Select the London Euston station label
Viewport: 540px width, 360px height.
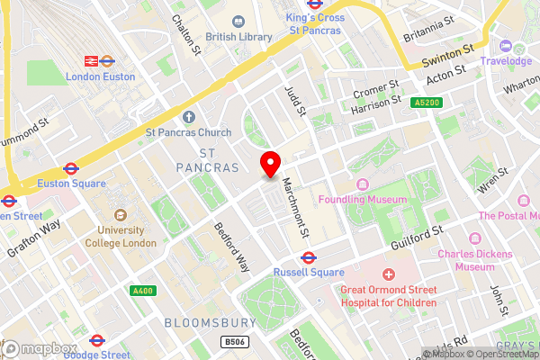click(x=100, y=76)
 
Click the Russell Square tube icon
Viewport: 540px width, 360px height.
click(x=306, y=256)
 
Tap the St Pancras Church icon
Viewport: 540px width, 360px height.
click(x=189, y=117)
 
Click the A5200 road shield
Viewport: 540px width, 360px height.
click(x=427, y=103)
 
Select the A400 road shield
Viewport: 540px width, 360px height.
click(x=142, y=291)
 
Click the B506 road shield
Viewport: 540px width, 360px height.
click(x=234, y=342)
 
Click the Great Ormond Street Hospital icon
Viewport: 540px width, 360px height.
click(x=389, y=274)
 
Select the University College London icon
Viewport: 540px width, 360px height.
click(x=121, y=215)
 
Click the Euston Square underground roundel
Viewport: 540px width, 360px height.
click(x=70, y=168)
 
